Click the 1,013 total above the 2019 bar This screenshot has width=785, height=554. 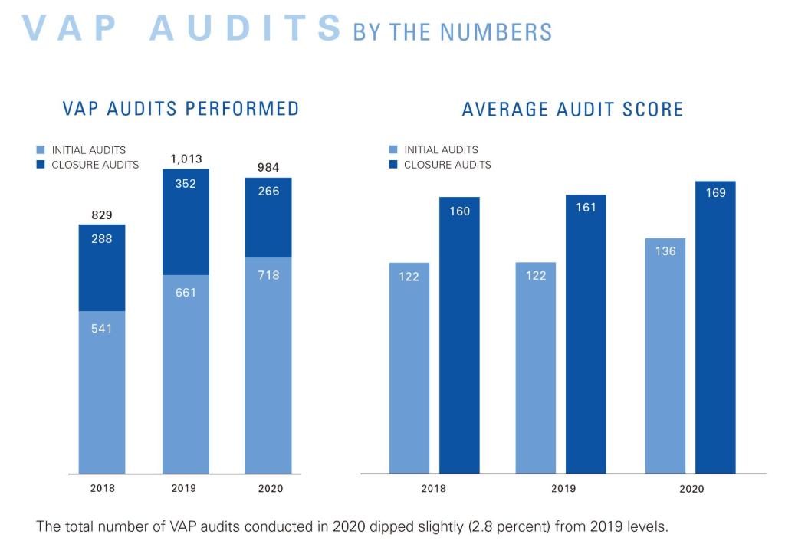point(186,159)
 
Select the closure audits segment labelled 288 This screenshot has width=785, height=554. point(102,268)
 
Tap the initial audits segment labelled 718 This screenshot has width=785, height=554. point(268,364)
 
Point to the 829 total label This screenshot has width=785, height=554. point(102,215)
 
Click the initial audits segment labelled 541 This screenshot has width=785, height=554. point(102,391)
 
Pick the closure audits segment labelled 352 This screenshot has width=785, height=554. point(186,222)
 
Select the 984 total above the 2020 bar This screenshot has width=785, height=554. point(268,168)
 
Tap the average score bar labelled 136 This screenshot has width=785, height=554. point(665,356)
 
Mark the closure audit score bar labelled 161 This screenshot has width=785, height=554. point(586,334)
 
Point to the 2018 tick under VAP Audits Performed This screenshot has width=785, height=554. point(102,488)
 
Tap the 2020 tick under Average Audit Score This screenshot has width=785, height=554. point(691,489)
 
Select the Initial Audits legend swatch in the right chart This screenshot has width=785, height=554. point(393,150)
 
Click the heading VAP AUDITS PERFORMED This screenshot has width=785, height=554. point(181,109)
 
